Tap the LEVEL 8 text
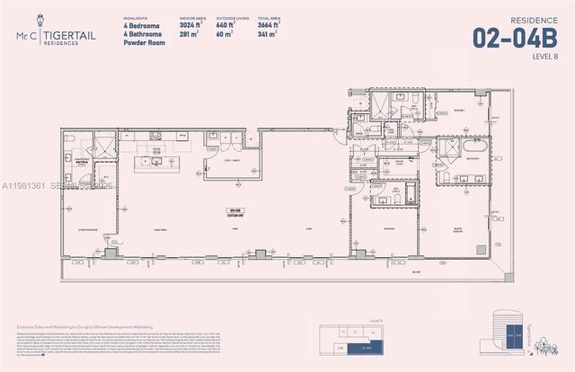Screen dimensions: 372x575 coord(544,57)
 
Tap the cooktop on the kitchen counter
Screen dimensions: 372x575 coord(156,136)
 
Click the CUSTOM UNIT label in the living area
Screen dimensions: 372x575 coord(236,214)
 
